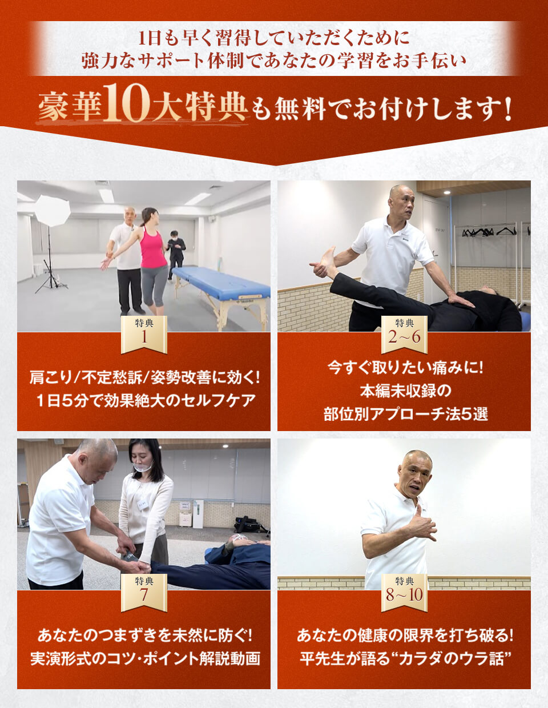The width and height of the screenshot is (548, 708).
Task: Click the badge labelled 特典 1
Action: click(x=144, y=334)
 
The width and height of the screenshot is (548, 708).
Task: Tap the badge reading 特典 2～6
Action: click(x=404, y=334)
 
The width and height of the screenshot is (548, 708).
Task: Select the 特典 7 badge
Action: click(x=144, y=593)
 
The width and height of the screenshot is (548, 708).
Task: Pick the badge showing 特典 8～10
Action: click(x=404, y=593)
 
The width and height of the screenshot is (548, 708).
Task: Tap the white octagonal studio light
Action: click(x=53, y=211)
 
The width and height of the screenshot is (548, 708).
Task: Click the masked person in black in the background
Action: click(x=176, y=255)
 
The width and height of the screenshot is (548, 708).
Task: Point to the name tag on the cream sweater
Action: click(x=143, y=504)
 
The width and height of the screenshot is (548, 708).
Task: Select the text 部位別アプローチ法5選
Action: click(x=405, y=415)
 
